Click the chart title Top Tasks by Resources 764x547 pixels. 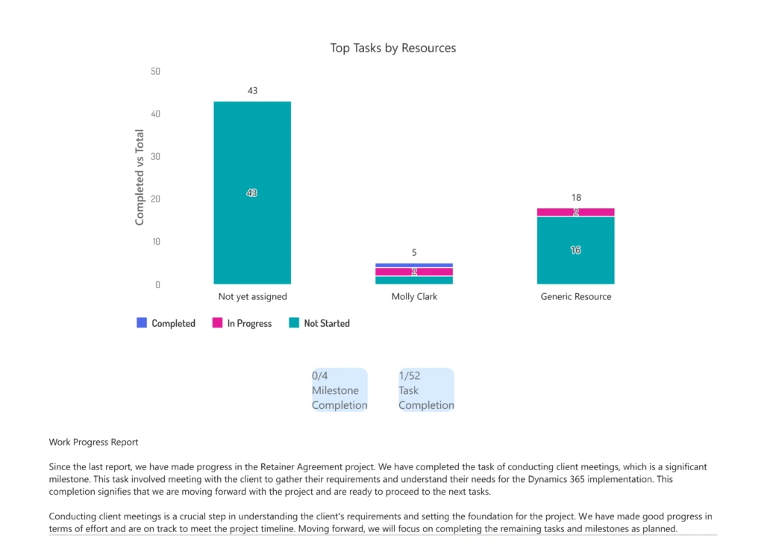393,48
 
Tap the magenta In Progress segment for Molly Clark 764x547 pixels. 414,272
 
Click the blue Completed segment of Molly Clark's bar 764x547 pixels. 414,265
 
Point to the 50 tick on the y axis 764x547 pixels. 155,72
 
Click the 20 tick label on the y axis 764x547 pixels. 155,199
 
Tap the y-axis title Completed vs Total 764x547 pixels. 140,178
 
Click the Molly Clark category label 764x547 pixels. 414,296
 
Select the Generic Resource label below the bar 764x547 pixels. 575,296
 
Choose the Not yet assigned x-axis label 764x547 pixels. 252,296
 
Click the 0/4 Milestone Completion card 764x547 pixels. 339,390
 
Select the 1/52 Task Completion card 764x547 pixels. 426,390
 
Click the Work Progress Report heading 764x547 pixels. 93,443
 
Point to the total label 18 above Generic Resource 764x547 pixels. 575,198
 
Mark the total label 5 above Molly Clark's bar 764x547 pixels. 414,253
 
